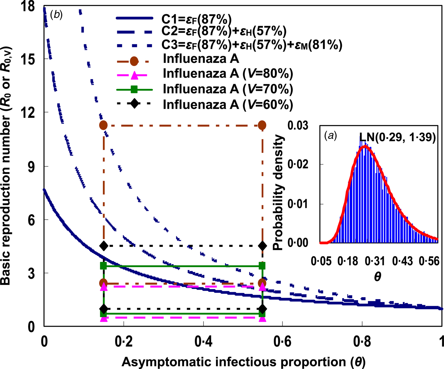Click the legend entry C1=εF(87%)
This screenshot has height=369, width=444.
click(197, 19)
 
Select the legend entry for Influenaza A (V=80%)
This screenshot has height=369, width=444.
click(228, 74)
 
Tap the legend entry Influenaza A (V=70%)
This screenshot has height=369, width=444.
click(228, 89)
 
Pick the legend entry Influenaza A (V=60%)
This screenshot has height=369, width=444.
click(228, 104)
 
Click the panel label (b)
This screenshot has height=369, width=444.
click(56, 15)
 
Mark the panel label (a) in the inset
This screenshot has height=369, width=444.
click(330, 136)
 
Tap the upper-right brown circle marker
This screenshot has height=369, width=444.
click(262, 125)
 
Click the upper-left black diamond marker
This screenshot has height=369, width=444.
click(104, 246)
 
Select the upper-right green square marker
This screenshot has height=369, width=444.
click(262, 266)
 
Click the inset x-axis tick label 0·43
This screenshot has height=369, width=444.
click(403, 261)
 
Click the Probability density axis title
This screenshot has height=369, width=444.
click(278, 192)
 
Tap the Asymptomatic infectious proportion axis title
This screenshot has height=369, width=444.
click(243, 362)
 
